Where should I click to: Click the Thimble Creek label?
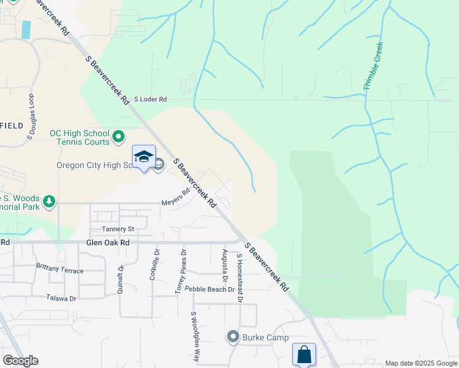[x=373, y=66]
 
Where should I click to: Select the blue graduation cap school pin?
[x=144, y=157]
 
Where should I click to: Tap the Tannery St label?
[x=118, y=229]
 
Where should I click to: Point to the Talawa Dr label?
[x=61, y=298]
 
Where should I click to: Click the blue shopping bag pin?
[x=304, y=354]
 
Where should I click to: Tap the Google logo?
[x=20, y=361]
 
